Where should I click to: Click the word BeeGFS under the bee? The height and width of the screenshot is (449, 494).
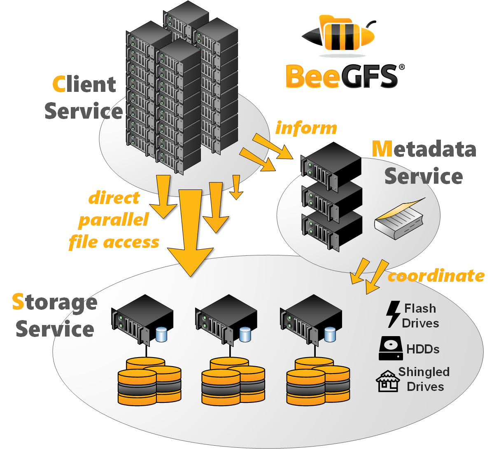pyautogui.click(x=342, y=77)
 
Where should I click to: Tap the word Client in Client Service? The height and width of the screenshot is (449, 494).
pyautogui.click(x=84, y=84)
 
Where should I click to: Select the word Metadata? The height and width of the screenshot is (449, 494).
pyautogui.click(x=424, y=149)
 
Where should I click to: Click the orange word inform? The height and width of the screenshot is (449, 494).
pyautogui.click(x=306, y=128)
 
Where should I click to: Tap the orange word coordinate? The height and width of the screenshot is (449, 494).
pyautogui.click(x=436, y=276)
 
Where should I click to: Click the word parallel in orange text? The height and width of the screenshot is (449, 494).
pyautogui.click(x=113, y=220)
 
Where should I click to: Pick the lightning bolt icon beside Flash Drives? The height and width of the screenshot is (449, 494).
pyautogui.click(x=393, y=314)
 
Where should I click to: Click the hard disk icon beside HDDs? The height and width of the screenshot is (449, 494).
pyautogui.click(x=391, y=348)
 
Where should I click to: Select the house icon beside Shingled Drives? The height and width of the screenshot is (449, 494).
pyautogui.click(x=388, y=381)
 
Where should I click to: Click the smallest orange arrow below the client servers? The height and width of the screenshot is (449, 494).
pyautogui.click(x=236, y=187)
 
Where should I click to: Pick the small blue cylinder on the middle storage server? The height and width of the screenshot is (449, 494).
pyautogui.click(x=245, y=334)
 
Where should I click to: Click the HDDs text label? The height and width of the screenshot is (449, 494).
pyautogui.click(x=423, y=349)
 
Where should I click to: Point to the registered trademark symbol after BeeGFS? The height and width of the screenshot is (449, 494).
pyautogui.click(x=401, y=67)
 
